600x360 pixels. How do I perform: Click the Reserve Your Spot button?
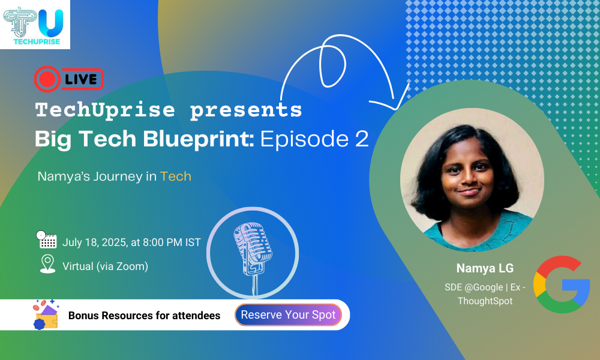(288, 315)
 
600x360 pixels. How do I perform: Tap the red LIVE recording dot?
(47, 79)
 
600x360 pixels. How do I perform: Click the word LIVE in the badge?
(81, 79)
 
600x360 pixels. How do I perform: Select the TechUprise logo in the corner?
(35, 24)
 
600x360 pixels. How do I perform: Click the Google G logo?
(562, 284)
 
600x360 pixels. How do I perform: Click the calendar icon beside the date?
(46, 240)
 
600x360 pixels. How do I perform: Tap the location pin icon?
(47, 264)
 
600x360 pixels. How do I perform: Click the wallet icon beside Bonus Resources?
(46, 315)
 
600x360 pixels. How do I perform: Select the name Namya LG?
(485, 268)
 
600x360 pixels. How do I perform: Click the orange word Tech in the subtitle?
(176, 176)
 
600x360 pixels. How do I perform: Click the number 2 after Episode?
(362, 139)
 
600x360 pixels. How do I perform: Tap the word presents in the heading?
(246, 110)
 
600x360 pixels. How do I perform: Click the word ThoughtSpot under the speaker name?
(485, 301)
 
